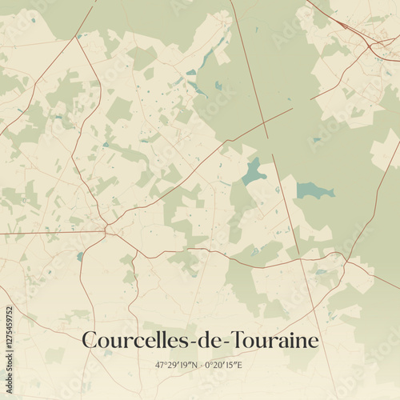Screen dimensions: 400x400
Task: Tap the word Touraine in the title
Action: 274,341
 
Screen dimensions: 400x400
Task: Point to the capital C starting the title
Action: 90,341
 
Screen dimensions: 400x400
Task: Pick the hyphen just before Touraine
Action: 226,343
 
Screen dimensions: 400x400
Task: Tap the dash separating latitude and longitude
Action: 201,366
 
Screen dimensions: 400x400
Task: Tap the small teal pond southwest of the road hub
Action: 80,256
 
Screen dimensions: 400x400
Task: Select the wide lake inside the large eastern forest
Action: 314,190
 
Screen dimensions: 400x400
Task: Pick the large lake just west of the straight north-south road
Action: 254,171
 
